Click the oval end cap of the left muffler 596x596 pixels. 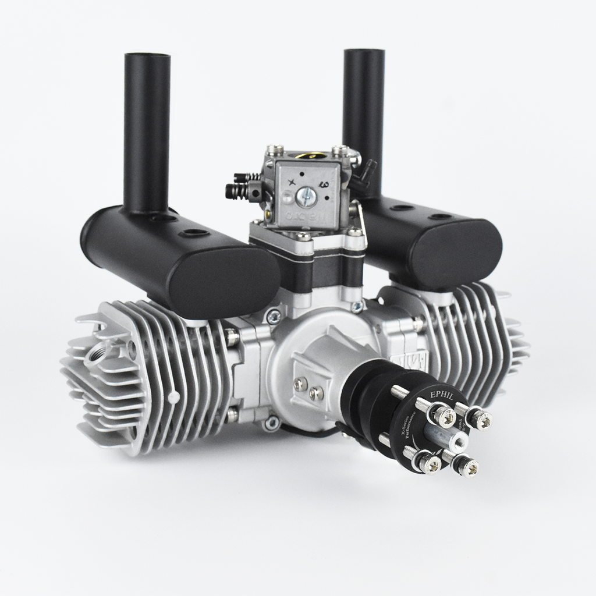click(x=224, y=279)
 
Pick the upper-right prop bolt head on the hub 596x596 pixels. click(x=481, y=418)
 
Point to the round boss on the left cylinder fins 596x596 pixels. click(x=173, y=398)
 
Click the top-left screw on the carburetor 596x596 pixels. click(x=278, y=150)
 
